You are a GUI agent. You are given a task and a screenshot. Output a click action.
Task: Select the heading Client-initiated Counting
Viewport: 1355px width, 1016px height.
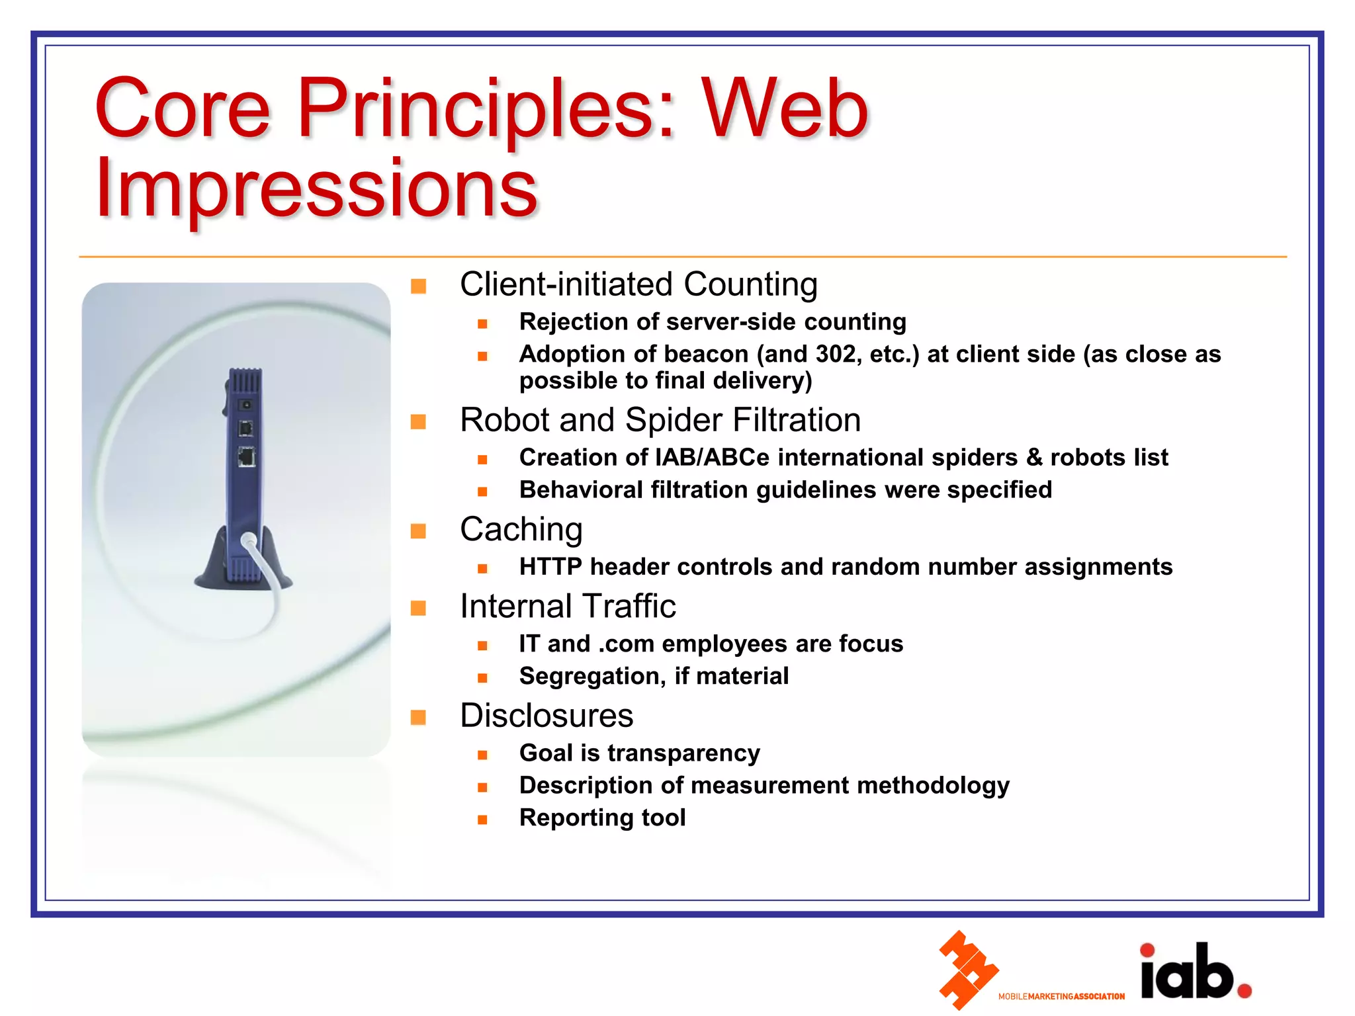638,284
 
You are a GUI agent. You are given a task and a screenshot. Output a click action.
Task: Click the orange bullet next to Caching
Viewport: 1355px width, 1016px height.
418,531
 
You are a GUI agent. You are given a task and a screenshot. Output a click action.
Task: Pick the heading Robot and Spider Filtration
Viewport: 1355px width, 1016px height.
660,420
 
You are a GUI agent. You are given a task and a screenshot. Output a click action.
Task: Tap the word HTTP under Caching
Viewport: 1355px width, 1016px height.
550,567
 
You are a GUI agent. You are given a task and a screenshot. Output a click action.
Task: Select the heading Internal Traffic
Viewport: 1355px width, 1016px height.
567,606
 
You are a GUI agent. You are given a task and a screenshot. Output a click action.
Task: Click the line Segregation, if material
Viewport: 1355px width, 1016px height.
654,676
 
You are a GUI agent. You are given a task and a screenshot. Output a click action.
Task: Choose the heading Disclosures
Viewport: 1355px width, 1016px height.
546,716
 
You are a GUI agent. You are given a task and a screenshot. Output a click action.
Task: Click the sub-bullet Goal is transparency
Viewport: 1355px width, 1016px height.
639,753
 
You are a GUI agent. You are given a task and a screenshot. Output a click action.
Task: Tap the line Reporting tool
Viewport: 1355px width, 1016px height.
602,818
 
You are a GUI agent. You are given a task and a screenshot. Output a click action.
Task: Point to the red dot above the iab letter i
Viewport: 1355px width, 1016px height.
1147,951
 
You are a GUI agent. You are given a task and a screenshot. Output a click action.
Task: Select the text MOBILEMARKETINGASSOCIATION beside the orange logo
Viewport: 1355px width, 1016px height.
1061,996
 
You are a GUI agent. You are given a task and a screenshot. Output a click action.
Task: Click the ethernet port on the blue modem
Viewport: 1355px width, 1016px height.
247,456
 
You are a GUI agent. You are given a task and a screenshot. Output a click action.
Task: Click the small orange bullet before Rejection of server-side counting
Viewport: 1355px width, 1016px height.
482,323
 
